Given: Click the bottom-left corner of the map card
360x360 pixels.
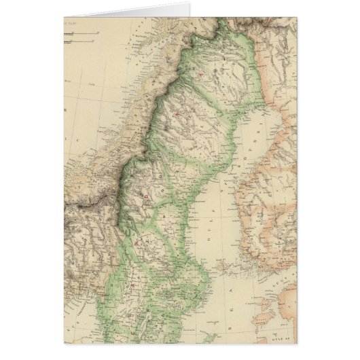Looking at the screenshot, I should point(64,359).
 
